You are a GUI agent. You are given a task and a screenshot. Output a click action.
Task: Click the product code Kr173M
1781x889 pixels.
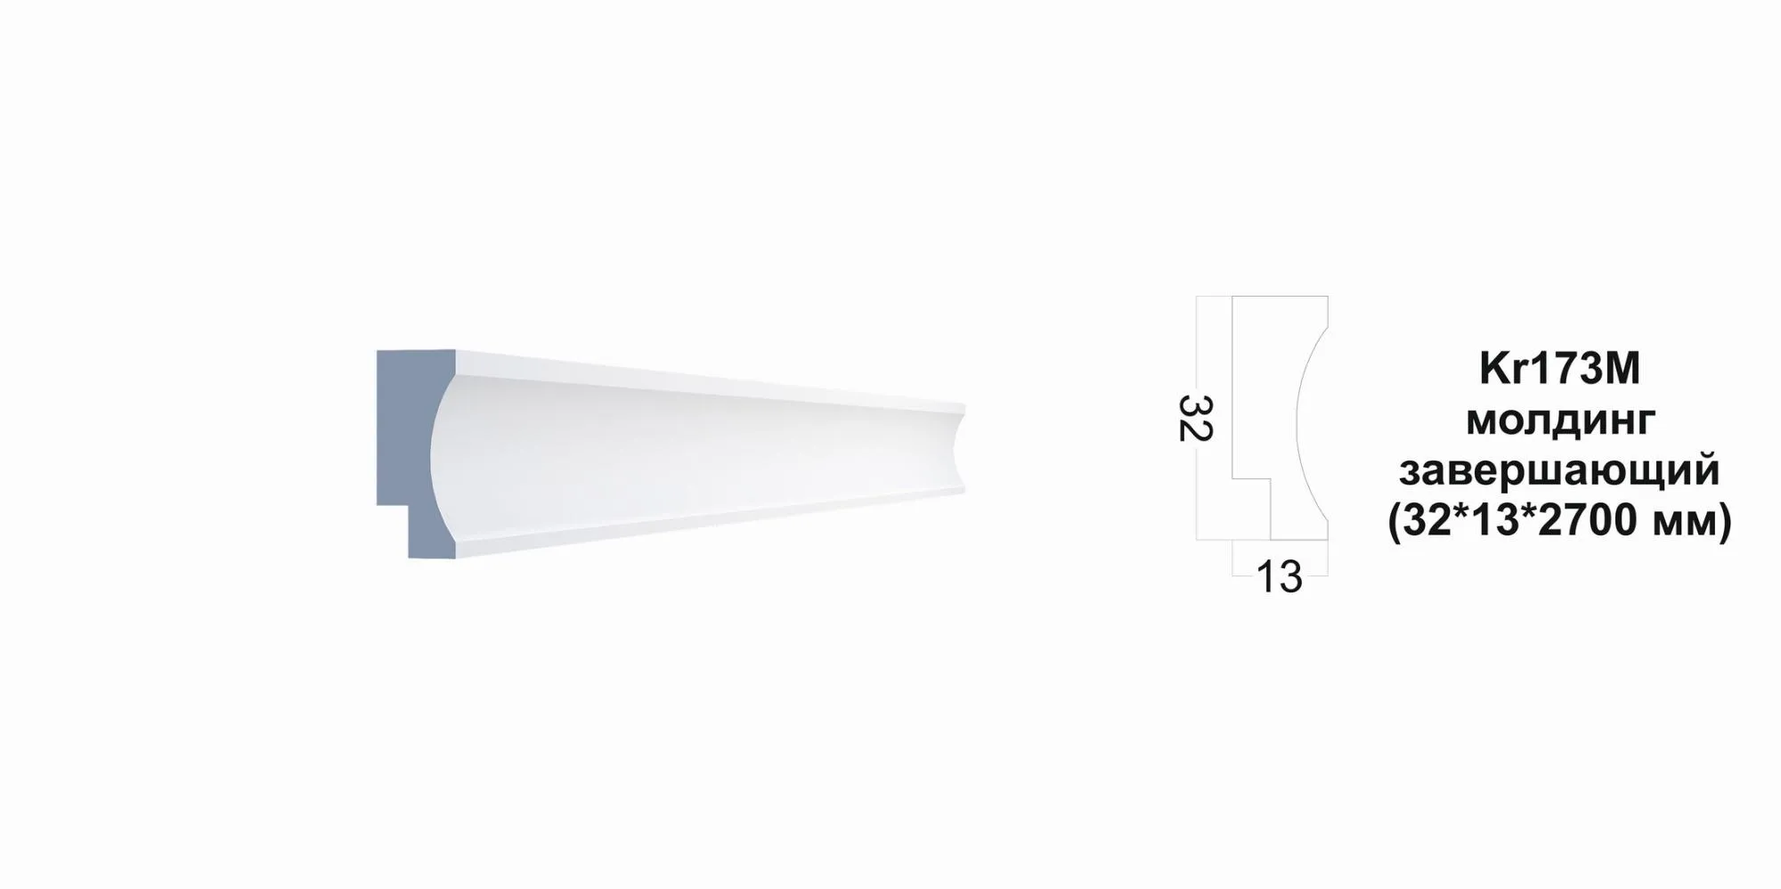[1559, 369]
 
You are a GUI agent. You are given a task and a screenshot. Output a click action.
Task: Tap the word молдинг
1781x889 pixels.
[1560, 420]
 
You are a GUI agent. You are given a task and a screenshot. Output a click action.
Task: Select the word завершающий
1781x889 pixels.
[1559, 470]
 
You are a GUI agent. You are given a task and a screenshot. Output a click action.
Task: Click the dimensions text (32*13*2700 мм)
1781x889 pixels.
[1559, 521]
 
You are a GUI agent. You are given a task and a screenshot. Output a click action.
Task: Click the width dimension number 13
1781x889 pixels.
[1280, 577]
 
